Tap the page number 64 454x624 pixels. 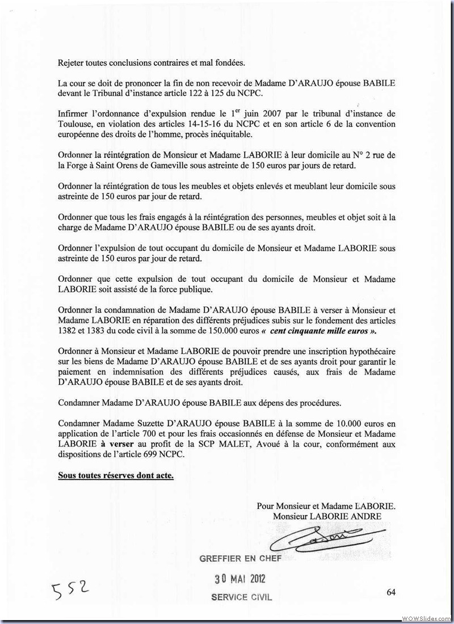[391, 592]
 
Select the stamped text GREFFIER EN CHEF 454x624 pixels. [240, 559]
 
